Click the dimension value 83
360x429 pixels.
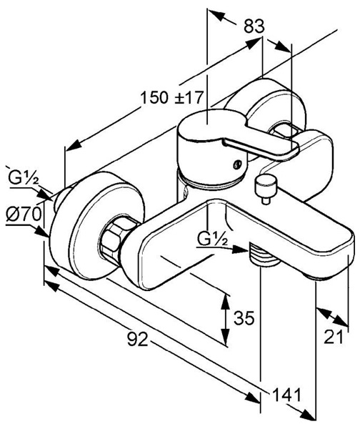[x=254, y=26]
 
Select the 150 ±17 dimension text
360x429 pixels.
[x=172, y=98]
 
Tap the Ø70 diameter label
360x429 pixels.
[x=24, y=214]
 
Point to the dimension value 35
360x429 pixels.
[x=244, y=317]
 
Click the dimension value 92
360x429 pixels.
[x=138, y=340]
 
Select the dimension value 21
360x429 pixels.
[x=333, y=337]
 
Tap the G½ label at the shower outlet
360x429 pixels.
[x=213, y=240]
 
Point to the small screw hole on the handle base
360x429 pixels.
[x=236, y=164]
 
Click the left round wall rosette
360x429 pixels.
[x=96, y=225]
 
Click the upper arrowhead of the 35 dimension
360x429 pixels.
[x=226, y=301]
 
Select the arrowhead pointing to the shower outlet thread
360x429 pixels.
[x=241, y=250]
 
